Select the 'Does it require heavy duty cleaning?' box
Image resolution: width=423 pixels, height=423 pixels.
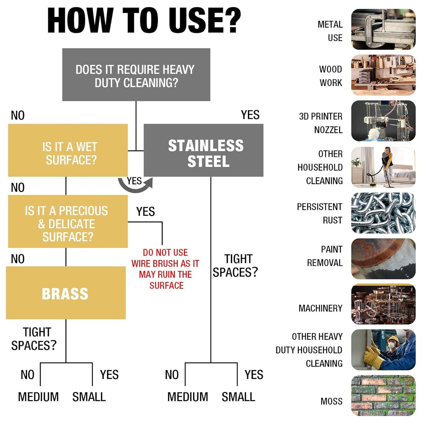[x=136, y=75]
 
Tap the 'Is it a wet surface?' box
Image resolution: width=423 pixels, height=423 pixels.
[x=68, y=150]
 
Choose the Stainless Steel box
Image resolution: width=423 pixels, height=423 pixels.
[x=203, y=150]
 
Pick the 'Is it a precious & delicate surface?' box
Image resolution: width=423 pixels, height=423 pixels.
[x=68, y=222]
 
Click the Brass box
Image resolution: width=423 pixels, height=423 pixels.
[x=66, y=293]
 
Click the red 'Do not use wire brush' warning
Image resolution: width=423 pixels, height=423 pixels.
[x=165, y=269]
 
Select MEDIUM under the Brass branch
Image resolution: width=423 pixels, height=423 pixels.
[x=38, y=397]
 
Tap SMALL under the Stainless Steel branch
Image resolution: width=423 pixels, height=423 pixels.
[x=238, y=397]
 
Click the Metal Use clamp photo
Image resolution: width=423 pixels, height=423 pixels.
[x=383, y=29]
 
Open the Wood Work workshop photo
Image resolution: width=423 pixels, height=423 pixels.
[x=383, y=75]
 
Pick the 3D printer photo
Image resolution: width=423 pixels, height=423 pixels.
[x=383, y=121]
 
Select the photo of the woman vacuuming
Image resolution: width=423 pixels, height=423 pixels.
[x=383, y=167]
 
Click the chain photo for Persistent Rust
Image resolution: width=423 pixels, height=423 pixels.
[x=383, y=213]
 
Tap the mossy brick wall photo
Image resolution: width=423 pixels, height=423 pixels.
[x=383, y=395]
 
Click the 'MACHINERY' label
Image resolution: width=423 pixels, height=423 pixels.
[x=321, y=308]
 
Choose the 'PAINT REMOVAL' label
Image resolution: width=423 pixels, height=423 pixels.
[x=325, y=256]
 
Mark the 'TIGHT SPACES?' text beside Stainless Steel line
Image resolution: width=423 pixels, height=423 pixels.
[x=235, y=266]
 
